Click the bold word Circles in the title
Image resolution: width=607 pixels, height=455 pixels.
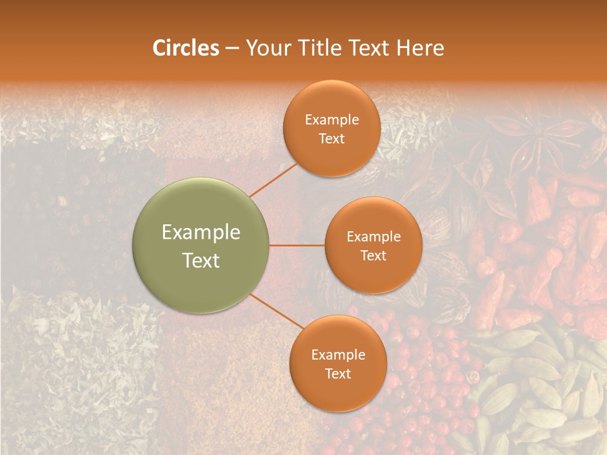pos(186,48)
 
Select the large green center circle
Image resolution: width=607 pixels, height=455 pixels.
pos(201,245)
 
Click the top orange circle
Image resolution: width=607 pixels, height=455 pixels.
pos(332,128)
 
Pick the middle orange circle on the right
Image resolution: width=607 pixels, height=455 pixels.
pos(373,245)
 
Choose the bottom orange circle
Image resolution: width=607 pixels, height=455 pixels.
pos(338,363)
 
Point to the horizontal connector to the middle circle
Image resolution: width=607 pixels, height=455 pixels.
pos(297,245)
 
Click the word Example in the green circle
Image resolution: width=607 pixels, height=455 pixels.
pos(201,233)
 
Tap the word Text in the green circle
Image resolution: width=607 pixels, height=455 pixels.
pos(201,260)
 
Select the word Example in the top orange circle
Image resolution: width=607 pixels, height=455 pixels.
pos(332,119)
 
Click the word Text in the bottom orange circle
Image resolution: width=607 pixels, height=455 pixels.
pos(338,373)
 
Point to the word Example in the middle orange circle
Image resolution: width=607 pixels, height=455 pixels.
pos(373,236)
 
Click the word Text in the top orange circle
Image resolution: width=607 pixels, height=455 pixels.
pos(332,138)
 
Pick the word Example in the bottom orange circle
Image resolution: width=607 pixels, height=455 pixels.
pos(338,355)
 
